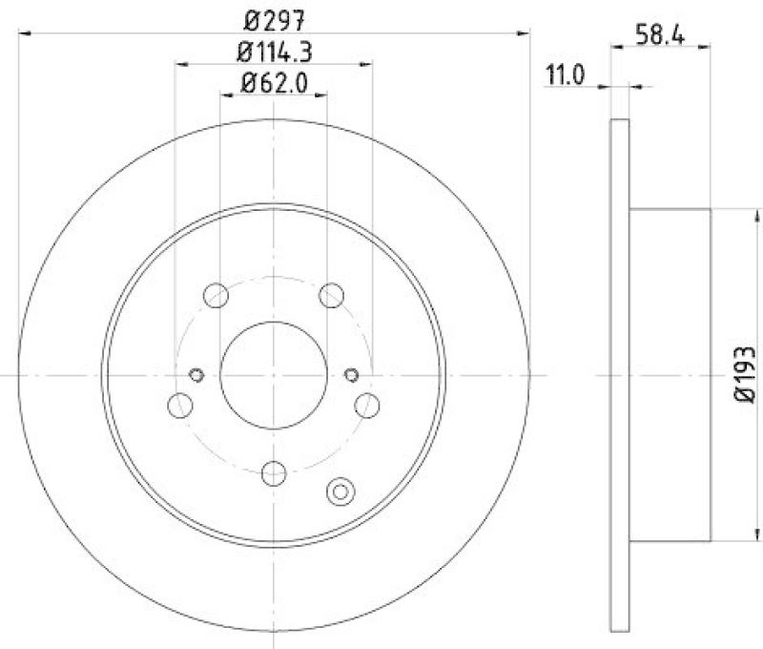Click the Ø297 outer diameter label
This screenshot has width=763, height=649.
click(273, 16)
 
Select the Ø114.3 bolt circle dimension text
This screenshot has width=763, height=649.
click(273, 50)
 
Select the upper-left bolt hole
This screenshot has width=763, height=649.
click(217, 294)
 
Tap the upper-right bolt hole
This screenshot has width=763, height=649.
click(331, 294)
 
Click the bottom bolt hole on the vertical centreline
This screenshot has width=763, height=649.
click(274, 471)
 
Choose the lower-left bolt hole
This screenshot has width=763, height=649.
click(179, 406)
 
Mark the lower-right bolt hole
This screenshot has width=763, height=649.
click(367, 406)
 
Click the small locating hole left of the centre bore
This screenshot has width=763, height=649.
click(197, 374)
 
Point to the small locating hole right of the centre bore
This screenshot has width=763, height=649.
click(350, 374)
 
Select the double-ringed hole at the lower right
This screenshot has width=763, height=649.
click(340, 492)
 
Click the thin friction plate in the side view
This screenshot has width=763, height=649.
click(619, 374)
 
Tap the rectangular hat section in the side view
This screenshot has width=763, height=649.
click(670, 374)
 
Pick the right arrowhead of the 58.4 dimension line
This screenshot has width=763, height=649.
click(705, 44)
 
